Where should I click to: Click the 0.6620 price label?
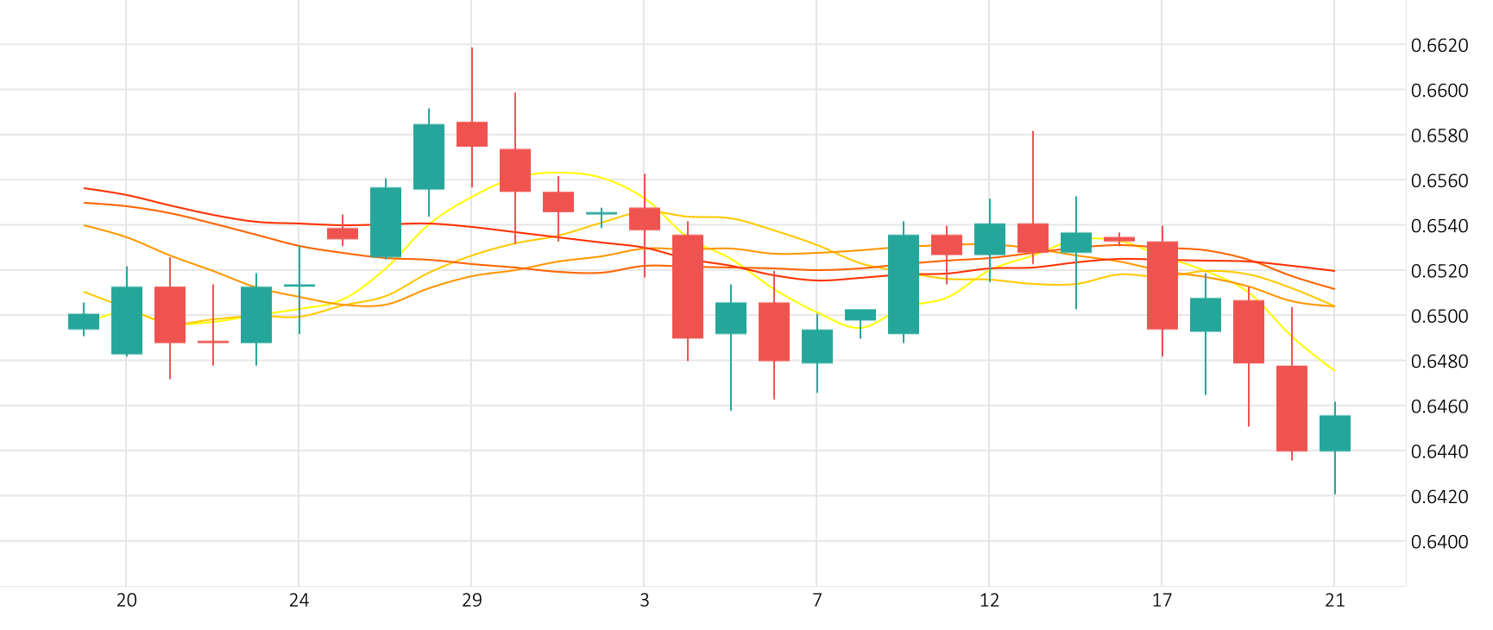click(x=1439, y=46)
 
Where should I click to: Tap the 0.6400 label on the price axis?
click(x=1439, y=542)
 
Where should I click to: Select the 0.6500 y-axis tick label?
click(x=1439, y=317)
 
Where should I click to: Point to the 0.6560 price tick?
click(x=1439, y=181)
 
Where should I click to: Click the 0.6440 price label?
click(x=1439, y=451)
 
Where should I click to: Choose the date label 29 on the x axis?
click(x=471, y=601)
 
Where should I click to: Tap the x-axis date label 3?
click(x=644, y=601)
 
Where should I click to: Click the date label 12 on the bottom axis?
click(x=989, y=601)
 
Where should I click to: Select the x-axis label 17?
click(x=1162, y=601)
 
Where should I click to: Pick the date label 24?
click(x=299, y=601)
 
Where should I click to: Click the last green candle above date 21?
click(x=1335, y=433)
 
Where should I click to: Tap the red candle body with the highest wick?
click(x=472, y=134)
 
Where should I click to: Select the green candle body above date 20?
click(x=127, y=320)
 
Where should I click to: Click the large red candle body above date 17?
click(x=1162, y=285)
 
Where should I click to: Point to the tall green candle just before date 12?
click(x=904, y=284)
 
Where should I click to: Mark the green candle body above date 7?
click(x=817, y=346)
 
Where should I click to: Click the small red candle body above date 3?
click(x=645, y=218)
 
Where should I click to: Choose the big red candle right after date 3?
click(x=688, y=286)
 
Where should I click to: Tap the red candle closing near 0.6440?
click(x=1292, y=408)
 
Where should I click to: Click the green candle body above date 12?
click(x=990, y=239)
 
